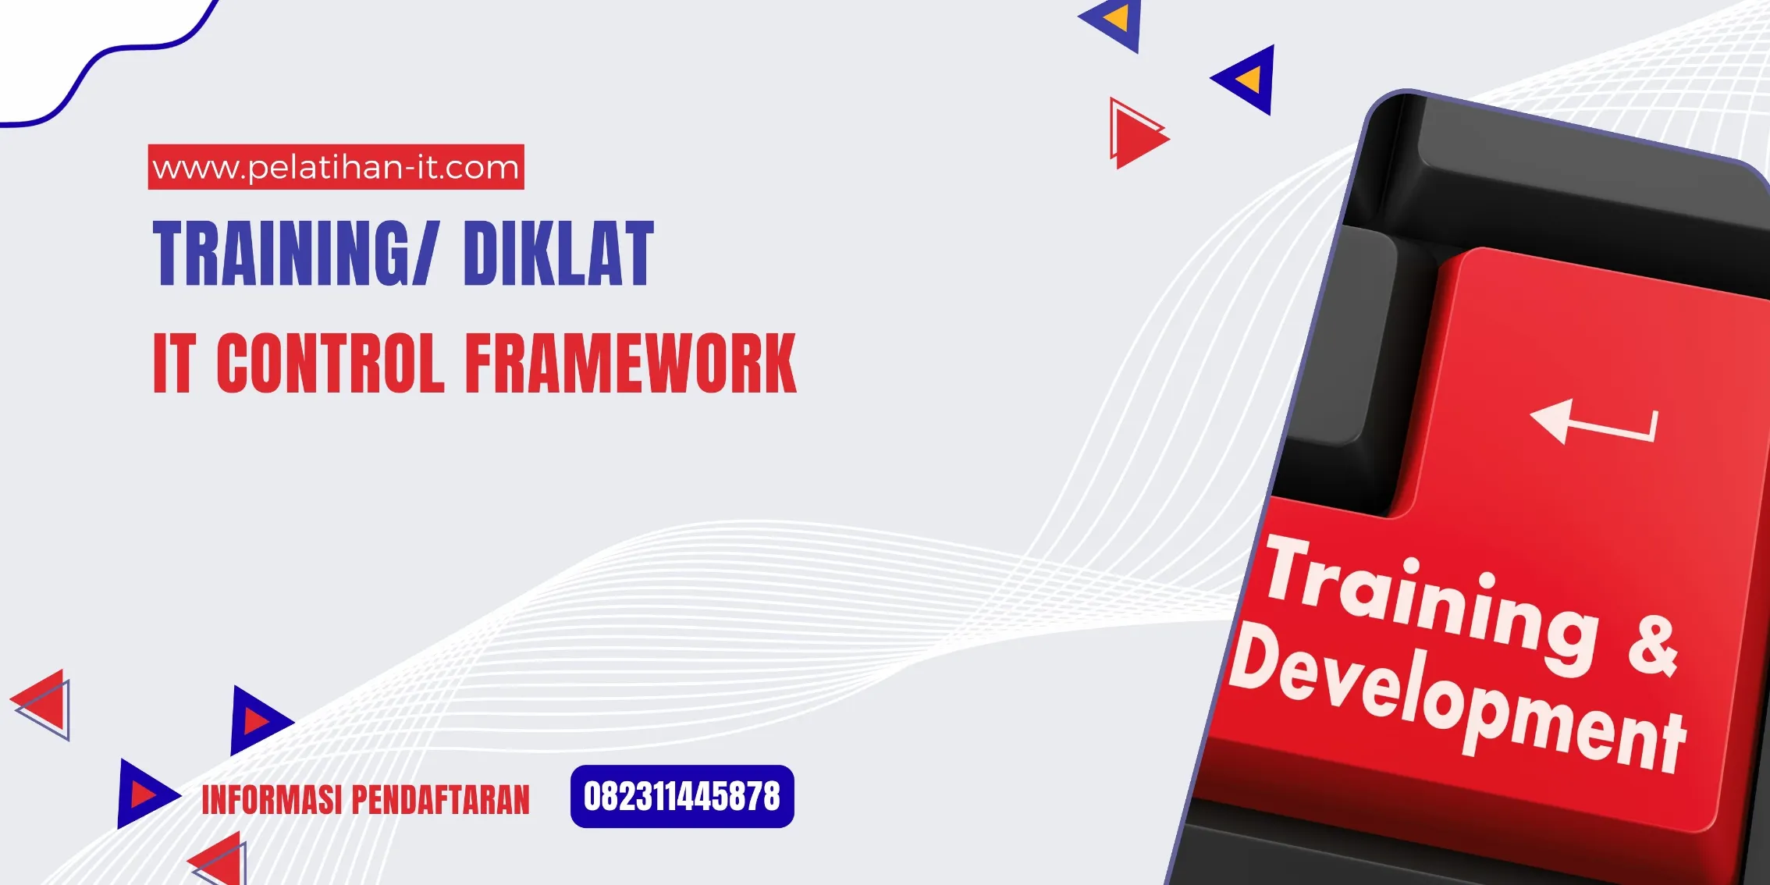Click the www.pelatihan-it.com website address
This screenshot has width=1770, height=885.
[x=336, y=167]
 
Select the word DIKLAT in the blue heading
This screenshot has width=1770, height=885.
[x=558, y=253]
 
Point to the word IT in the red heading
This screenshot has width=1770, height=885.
[x=173, y=363]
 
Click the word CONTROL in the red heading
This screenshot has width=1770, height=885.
[x=330, y=363]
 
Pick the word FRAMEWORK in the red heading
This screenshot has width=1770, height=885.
[x=631, y=363]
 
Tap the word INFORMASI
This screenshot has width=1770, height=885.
[x=272, y=800]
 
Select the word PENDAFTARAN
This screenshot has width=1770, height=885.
[x=440, y=800]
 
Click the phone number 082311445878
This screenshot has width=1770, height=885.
[x=682, y=797]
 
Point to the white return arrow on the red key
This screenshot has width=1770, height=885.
[x=1592, y=422]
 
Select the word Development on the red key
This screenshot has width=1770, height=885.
[x=1455, y=702]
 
